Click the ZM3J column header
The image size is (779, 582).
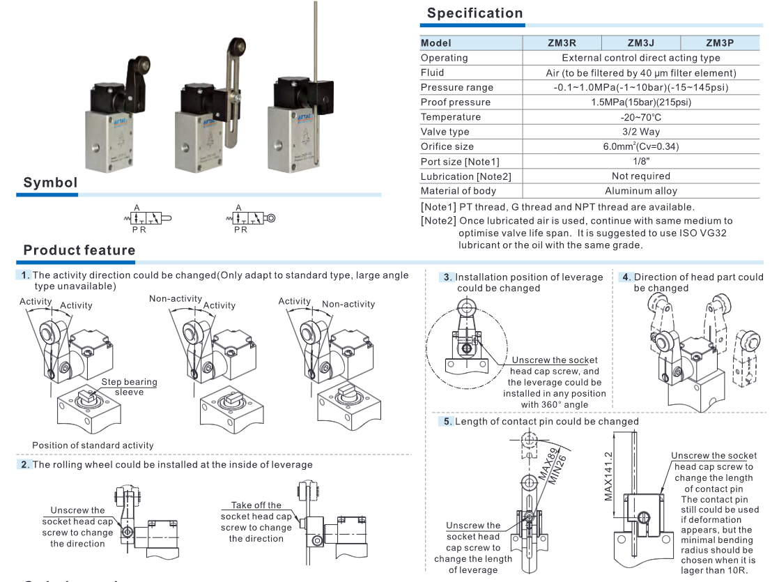640,43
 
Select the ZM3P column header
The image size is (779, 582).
720,43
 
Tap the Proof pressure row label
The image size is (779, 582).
456,102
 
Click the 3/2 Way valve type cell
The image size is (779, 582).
641,132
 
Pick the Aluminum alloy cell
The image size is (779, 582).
641,191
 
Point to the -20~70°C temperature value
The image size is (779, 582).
641,117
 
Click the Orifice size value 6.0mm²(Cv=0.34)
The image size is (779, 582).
641,146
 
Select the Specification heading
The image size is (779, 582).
475,13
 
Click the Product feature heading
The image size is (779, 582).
79,250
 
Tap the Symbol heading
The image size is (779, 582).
50,183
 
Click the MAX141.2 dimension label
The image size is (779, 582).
608,475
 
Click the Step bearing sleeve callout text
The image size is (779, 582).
129,387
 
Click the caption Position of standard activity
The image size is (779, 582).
93,445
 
